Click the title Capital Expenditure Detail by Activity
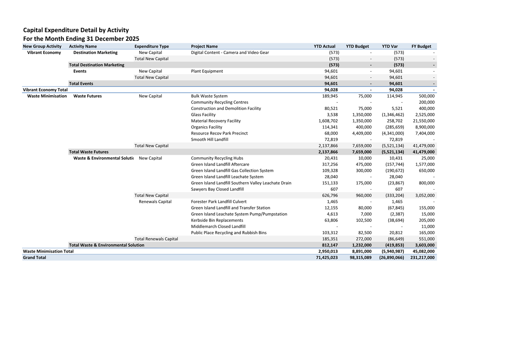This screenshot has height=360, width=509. tap(76, 30)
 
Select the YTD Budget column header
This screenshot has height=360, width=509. tap(357, 46)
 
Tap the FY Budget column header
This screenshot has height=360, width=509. tap(421, 46)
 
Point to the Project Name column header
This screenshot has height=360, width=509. tap(204, 46)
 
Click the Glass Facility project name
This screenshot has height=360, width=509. tap(203, 115)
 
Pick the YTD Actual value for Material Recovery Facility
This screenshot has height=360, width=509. tap(328, 121)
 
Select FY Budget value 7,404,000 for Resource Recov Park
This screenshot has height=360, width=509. tap(424, 133)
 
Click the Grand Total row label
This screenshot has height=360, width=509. tap(35, 258)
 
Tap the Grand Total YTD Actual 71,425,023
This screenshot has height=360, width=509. tap(324, 258)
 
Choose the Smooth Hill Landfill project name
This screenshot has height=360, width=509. tap(209, 140)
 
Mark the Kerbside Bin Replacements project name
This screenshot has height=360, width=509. tap(217, 220)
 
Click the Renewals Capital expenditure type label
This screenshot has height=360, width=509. tap(155, 202)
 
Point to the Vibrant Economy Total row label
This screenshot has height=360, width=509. tap(45, 90)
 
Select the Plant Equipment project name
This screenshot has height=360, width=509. tap(207, 71)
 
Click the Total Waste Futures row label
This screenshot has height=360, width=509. tap(88, 152)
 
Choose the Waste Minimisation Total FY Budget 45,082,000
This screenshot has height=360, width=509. tap(422, 251)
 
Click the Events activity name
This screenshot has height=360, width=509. tap(80, 71)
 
